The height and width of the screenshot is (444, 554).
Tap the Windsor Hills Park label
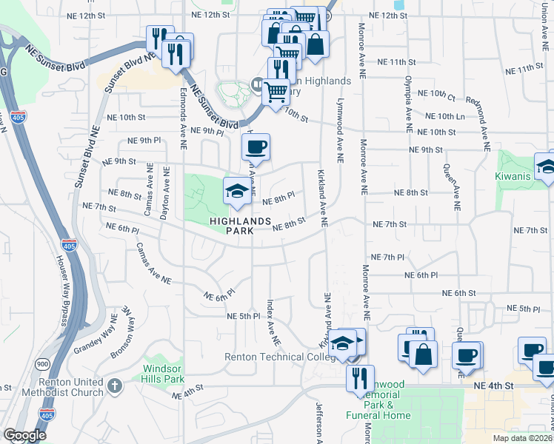click(x=163, y=374)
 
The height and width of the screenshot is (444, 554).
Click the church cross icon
click(x=114, y=386)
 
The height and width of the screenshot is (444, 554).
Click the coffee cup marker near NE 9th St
click(x=256, y=148)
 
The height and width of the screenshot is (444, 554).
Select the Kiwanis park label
click(x=515, y=177)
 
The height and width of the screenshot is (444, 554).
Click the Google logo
click(x=24, y=435)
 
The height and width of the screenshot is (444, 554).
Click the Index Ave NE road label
click(x=272, y=324)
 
